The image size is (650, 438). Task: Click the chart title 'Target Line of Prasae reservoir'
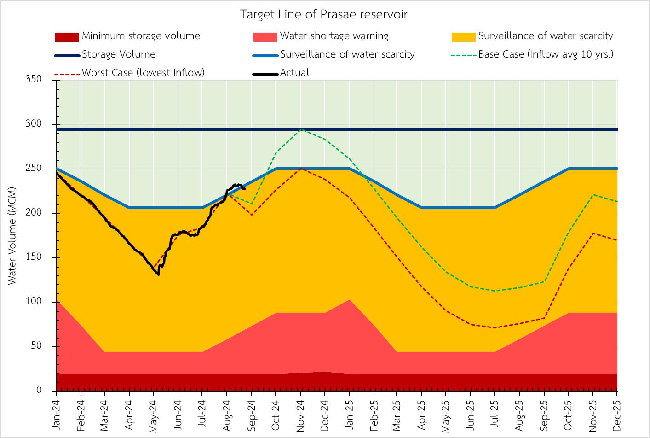point(324,14)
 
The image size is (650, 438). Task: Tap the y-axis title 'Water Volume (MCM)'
point(12,235)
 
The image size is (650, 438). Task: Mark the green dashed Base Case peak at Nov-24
point(300,130)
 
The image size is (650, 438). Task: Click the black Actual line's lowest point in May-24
point(158,275)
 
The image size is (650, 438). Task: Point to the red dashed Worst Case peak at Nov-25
point(593,233)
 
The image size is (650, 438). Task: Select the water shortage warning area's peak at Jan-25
point(349,300)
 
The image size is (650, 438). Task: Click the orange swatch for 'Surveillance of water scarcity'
point(463,36)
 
